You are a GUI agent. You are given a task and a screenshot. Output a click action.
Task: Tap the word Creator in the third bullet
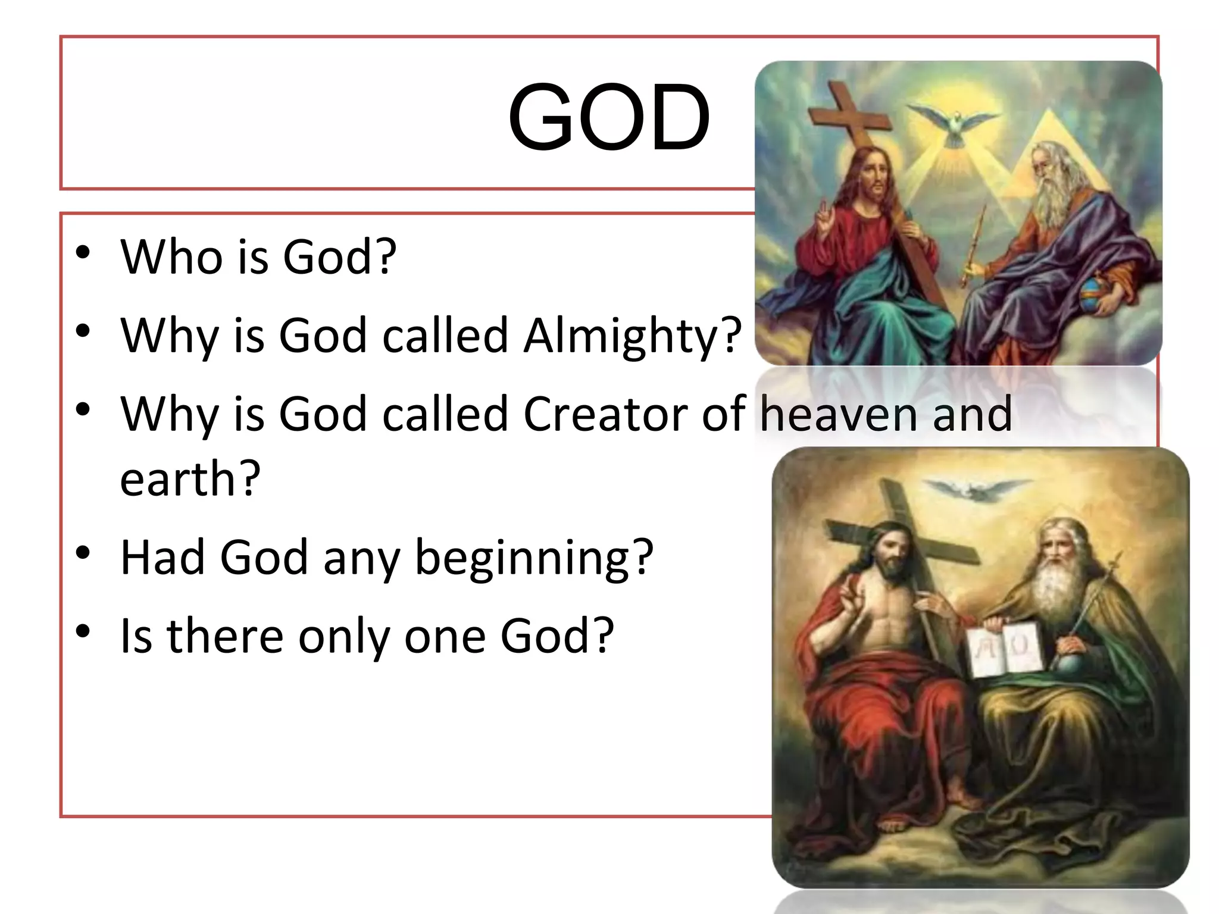604,414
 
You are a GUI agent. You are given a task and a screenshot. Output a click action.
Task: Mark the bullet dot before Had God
83,552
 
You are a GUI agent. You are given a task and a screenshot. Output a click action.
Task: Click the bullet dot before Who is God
83,252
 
